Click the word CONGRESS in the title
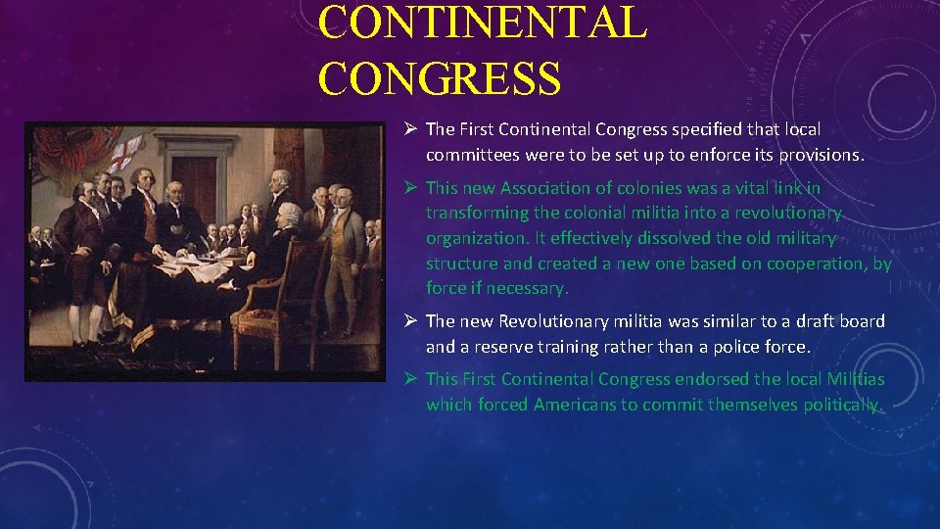[439, 77]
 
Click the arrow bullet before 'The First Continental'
[412, 129]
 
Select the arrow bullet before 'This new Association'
[412, 188]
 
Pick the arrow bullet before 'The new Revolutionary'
[412, 321]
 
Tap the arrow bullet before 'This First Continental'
[412, 379]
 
